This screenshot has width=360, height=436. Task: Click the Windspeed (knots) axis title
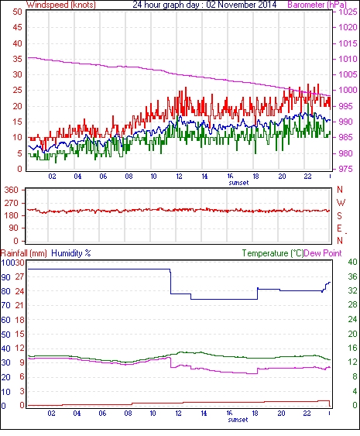point(61,5)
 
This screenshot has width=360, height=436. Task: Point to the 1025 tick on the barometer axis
point(348,12)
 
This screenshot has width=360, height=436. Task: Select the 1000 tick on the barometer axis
point(348,90)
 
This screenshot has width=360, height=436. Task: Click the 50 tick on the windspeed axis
point(17,12)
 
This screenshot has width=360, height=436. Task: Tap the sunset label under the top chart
point(238,183)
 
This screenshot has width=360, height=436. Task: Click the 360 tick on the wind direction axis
point(11,190)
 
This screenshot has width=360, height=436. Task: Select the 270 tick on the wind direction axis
point(11,203)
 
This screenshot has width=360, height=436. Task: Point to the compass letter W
point(341,202)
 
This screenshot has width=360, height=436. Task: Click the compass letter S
point(339,215)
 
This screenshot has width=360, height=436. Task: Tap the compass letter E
point(339,228)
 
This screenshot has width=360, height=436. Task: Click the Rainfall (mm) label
point(23,253)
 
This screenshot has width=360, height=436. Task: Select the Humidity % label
point(71,253)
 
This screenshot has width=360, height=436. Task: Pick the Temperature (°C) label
point(273,253)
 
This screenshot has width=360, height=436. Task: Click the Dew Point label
point(323,253)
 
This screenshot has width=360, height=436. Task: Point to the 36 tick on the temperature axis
point(352,276)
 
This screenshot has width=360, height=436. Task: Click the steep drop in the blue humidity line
point(170,281)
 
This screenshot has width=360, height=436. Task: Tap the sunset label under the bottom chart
point(238,420)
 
